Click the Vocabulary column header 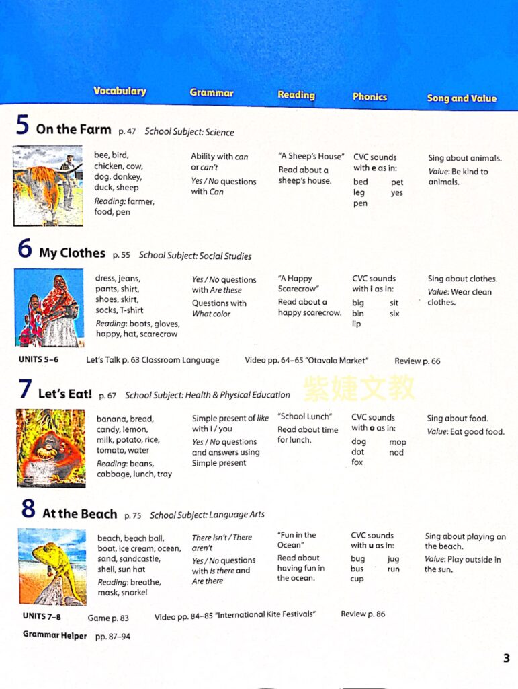120,92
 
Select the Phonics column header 370,97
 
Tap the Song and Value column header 462,98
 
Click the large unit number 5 22,126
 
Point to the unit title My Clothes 72,253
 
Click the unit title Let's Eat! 65,394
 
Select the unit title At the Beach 79,514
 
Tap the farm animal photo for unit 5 48,186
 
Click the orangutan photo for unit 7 51,448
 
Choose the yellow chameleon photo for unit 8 52,567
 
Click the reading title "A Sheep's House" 311,157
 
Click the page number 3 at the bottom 506,659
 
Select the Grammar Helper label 52,634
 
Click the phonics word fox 357,463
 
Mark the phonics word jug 393,559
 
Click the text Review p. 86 363,614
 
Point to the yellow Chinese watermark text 359,388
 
